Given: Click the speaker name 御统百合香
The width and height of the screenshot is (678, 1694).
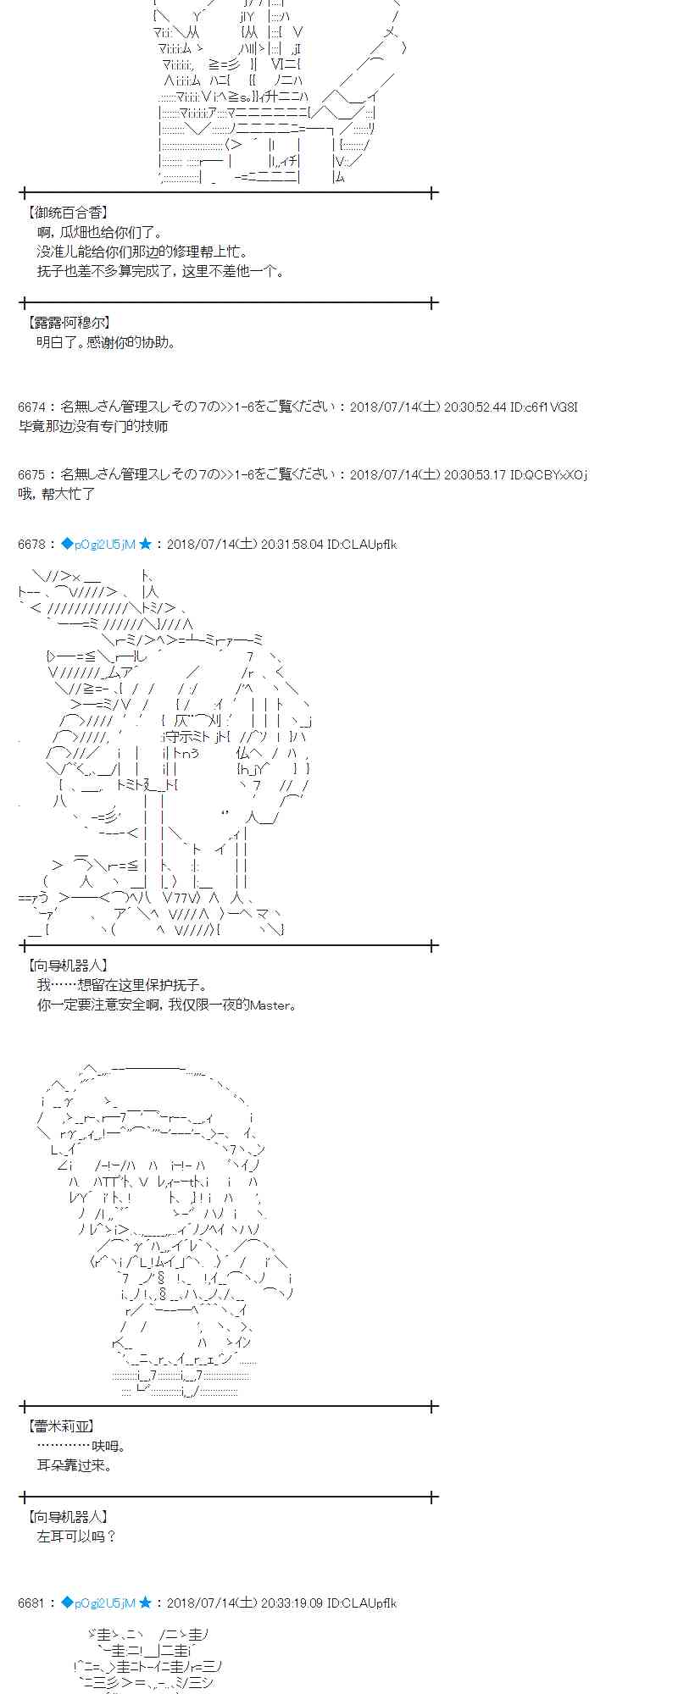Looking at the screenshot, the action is point(68,213).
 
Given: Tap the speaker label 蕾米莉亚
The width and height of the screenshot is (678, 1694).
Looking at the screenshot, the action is point(61,1426).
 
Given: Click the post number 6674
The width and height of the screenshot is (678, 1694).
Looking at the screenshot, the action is point(32,407).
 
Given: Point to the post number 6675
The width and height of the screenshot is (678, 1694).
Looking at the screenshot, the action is point(32,475).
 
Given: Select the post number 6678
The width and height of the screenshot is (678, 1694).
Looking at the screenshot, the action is point(32,544).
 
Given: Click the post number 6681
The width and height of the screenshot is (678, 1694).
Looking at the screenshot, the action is point(32,1603).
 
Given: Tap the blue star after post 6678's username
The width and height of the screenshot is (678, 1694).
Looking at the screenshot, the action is point(146,544).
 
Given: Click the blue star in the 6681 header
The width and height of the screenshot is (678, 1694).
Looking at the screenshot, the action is point(146,1603).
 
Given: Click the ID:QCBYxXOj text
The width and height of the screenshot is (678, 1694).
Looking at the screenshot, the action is point(548,475).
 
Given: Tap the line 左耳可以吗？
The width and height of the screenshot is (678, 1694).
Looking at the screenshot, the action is point(77,1536).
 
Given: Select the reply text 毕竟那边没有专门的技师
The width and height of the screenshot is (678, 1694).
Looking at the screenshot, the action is point(93,426).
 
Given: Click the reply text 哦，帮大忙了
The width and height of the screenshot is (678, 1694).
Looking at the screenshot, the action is point(57,494).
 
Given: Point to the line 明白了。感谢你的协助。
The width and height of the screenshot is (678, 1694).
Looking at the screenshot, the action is point(107,342).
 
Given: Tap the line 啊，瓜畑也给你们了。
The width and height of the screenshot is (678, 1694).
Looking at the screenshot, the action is point(100,232).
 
